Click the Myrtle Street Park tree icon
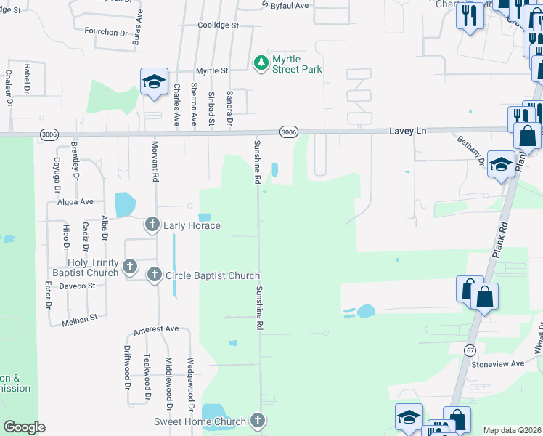click(x=261, y=64)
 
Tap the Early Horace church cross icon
click(x=152, y=225)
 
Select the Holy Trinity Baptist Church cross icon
click(x=130, y=267)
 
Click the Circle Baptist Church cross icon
click(x=155, y=275)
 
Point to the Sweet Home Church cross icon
click(x=257, y=421)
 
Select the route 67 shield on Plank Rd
click(x=470, y=350)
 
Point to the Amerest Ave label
click(x=155, y=328)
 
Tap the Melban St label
click(x=80, y=320)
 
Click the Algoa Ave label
click(x=76, y=201)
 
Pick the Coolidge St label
click(x=218, y=25)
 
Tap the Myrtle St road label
click(x=212, y=71)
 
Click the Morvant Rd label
click(x=155, y=161)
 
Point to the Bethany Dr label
click(x=470, y=150)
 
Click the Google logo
click(x=24, y=427)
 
